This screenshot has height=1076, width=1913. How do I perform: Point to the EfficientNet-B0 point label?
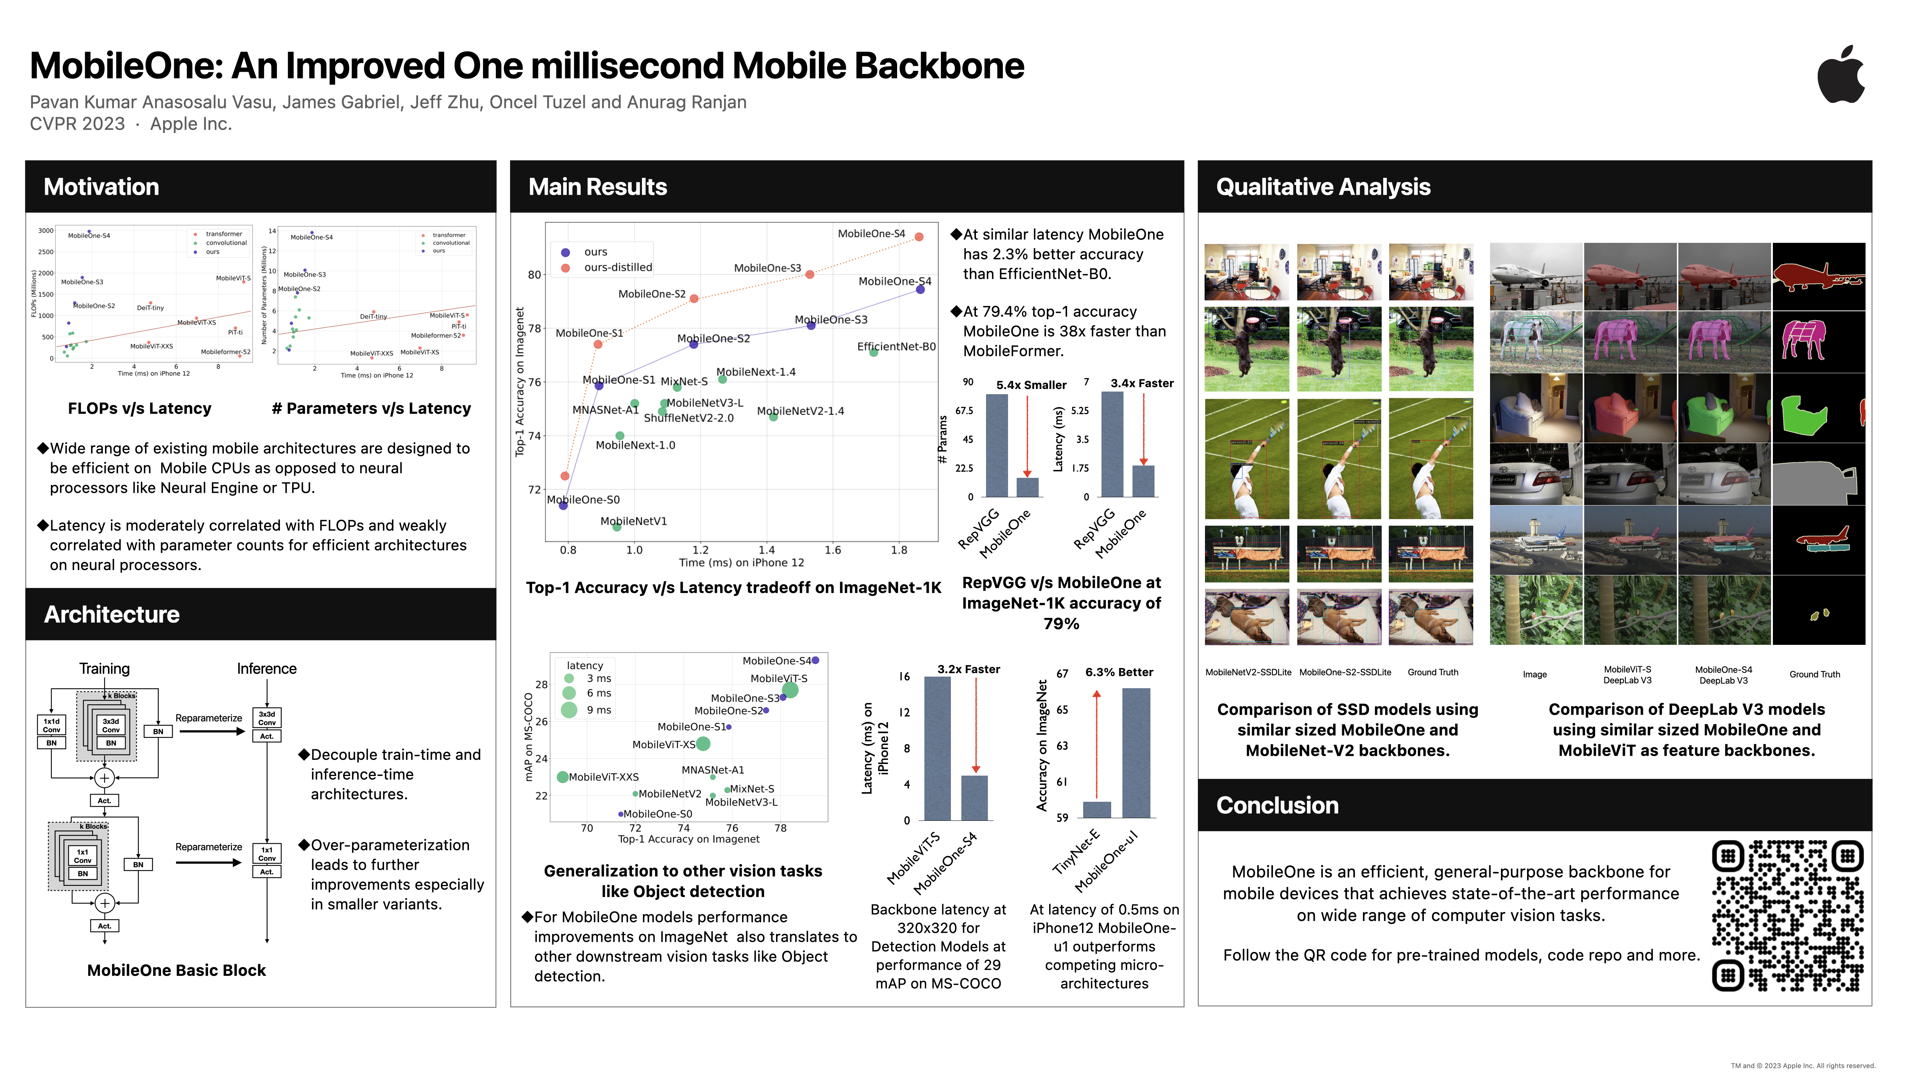(x=896, y=347)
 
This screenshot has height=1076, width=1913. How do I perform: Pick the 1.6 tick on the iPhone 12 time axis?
(x=832, y=550)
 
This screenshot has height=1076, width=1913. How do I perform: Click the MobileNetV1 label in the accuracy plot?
(x=633, y=521)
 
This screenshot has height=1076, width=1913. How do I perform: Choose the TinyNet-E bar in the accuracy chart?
(x=1097, y=809)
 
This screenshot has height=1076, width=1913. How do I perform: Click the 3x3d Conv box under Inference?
(x=267, y=718)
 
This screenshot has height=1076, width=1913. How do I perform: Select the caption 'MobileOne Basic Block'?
(x=176, y=971)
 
